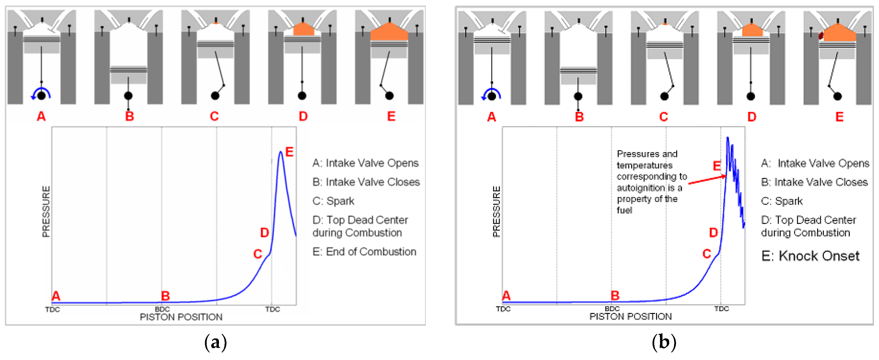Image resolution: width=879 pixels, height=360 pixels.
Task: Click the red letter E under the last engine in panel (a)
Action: pos(391,116)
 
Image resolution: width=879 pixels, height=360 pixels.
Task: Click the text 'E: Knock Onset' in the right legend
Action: pos(810,256)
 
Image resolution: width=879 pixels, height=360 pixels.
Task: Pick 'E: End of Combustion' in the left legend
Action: pos(364,252)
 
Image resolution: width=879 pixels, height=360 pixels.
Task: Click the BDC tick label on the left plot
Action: pos(162,309)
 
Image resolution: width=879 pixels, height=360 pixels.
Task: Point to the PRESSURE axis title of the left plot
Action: pos(46,211)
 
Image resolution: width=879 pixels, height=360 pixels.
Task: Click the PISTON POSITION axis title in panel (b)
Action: pos(630,317)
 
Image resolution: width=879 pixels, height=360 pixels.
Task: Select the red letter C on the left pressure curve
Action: pos(258,254)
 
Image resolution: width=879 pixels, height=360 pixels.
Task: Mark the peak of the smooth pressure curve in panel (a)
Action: pos(280,152)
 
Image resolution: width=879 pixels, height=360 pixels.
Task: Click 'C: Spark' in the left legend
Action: pos(333,201)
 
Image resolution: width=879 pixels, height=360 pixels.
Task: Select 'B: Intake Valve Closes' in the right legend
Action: pos(814,182)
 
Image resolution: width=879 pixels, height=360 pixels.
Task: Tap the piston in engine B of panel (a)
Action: pos(128,74)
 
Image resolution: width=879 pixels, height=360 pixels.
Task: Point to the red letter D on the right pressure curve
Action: pos(714,233)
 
